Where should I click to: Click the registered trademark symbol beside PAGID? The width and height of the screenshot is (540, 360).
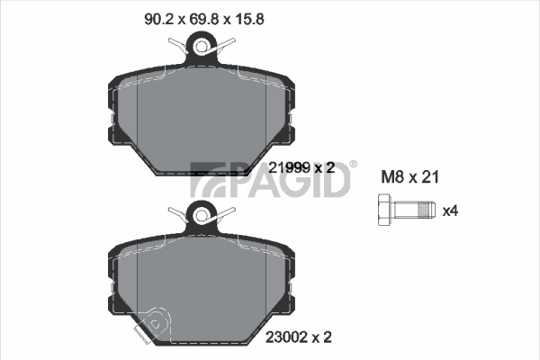coord(353,164)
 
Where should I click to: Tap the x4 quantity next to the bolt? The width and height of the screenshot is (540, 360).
coord(451,211)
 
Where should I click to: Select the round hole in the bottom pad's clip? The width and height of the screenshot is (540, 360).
coord(202,214)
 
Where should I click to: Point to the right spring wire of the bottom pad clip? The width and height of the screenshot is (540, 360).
coord(229,212)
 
